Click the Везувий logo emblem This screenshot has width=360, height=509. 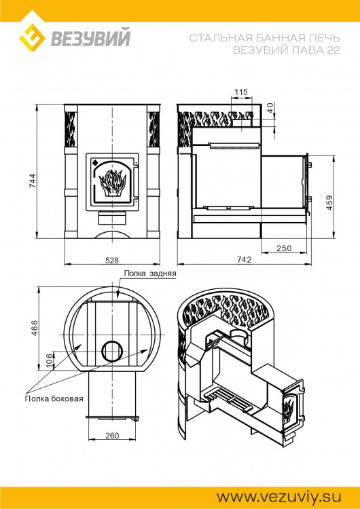coord(31,39)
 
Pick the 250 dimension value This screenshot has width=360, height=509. coord(283,248)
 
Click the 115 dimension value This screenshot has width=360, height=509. coord(240,92)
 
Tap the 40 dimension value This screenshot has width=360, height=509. coord(270,107)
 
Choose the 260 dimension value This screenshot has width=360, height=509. coord(112,435)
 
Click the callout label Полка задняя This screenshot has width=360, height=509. coord(150,274)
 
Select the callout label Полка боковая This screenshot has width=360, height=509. coord(54,398)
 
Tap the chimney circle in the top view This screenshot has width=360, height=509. coord(112,351)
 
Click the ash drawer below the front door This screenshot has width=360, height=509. coord(112,219)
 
